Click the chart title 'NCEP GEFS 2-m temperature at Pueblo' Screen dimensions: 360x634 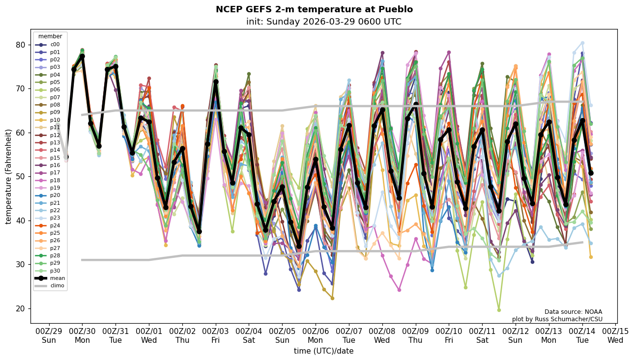pos(314,9)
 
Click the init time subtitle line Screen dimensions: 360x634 pos(323,22)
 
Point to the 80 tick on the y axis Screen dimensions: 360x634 pos(21,45)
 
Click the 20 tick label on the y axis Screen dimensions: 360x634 pos(21,308)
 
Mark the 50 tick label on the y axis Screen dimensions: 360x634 pos(21,176)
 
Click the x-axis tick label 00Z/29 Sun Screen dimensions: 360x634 pos(49,336)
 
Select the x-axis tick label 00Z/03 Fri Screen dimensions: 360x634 pos(216,336)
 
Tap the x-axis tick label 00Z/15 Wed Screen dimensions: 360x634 pos(615,336)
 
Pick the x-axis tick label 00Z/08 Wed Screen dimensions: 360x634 pos(382,336)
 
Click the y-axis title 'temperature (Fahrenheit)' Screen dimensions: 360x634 pos(9,176)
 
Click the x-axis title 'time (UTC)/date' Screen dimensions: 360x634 pos(323,351)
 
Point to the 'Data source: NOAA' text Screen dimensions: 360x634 pos(573,312)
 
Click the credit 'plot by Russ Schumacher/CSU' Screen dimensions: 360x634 pos(557,319)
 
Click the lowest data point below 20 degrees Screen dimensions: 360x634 pos(499,310)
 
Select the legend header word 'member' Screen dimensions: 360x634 pos(50,36)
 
